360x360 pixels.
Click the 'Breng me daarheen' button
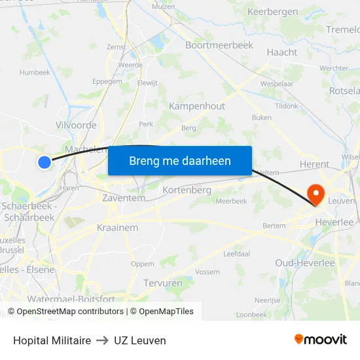(179, 160)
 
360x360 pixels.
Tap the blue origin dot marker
(44, 162)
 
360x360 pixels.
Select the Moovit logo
(321, 340)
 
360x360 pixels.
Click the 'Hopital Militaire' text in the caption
(52, 340)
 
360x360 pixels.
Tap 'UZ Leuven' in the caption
(140, 340)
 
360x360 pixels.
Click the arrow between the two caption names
(102, 340)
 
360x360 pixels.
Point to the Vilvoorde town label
(77, 125)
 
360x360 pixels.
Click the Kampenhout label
(197, 106)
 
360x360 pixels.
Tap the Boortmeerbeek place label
(219, 45)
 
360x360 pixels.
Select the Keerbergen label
(273, 12)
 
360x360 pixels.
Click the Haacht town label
(283, 52)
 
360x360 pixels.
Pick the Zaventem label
(125, 197)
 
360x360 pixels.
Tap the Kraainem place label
(118, 228)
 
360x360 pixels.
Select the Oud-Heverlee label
(305, 263)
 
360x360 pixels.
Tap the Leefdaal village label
(237, 253)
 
